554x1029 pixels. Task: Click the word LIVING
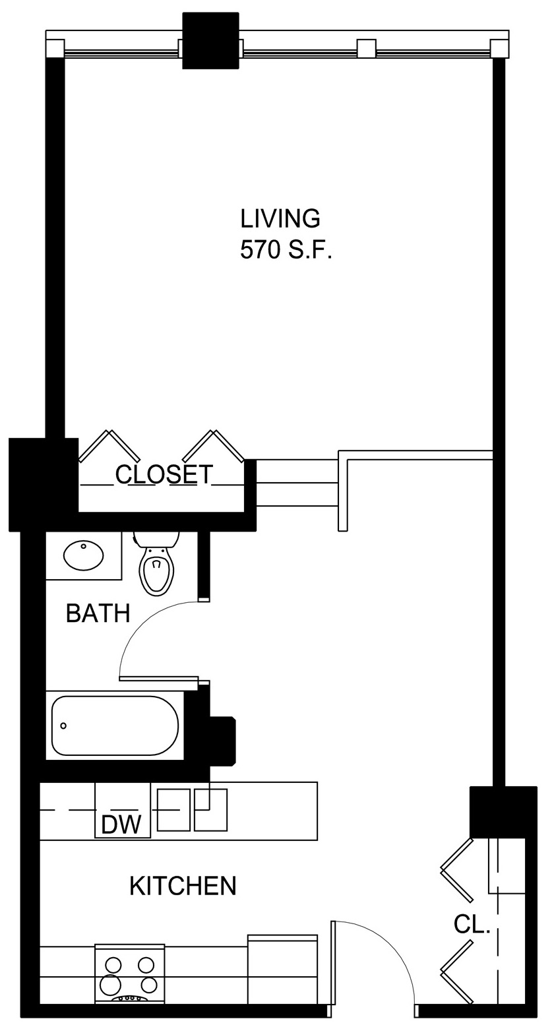point(280,219)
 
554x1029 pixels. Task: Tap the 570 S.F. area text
point(286,251)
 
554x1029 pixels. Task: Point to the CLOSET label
point(164,474)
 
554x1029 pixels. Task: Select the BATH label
point(98,613)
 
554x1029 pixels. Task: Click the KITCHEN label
point(183,886)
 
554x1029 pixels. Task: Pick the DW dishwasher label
point(121,825)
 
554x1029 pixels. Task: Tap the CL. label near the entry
point(472,924)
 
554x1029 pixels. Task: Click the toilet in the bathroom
point(156,564)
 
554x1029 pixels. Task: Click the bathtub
point(115,726)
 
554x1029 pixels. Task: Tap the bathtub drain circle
point(63,726)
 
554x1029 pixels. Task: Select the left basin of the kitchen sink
point(173,810)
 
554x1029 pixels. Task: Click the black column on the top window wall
point(211,40)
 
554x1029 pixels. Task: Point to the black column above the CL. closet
point(503,812)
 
